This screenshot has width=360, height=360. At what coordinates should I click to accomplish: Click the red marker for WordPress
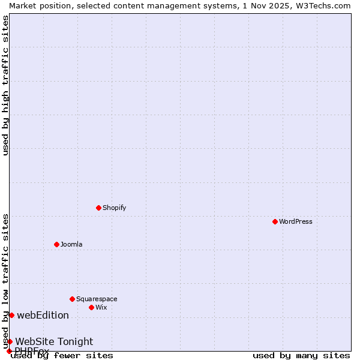point(275,221)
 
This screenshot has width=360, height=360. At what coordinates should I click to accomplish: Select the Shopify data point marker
point(98,208)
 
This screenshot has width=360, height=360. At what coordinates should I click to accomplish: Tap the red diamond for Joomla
point(56,244)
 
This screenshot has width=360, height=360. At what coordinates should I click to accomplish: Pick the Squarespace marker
point(72,299)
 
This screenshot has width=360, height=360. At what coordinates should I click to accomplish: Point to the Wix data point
point(91,307)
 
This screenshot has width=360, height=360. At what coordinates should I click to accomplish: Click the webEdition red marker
point(11,315)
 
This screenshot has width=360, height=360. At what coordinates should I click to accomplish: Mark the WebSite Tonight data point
point(10,341)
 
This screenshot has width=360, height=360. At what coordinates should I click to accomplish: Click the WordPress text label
point(296,221)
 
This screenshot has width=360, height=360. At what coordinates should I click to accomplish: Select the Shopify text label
point(115,208)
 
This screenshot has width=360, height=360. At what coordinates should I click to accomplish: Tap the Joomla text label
point(71,244)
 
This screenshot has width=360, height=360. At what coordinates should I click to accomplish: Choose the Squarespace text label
point(97,299)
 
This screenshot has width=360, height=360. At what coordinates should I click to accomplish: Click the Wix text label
point(101,307)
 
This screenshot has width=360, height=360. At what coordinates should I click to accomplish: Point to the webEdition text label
point(43,315)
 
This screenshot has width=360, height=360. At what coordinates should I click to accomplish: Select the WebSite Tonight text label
point(54,341)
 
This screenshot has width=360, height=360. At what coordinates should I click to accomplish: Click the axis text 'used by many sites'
point(301,355)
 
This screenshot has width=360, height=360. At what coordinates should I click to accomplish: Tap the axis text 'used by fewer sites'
point(62,355)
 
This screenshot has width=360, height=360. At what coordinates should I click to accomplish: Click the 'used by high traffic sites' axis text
point(5,85)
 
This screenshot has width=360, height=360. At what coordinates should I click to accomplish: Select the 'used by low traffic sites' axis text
point(5,281)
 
